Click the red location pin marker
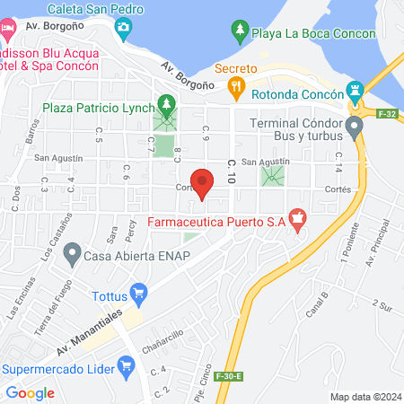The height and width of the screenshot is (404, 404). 203,182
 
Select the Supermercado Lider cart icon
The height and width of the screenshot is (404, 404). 126,364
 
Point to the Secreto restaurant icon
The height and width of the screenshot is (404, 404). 237,86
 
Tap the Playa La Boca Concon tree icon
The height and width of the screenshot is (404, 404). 239,32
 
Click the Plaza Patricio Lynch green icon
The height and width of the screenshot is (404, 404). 164,104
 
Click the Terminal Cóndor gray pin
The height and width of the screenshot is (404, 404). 356,127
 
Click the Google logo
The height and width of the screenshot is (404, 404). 30,392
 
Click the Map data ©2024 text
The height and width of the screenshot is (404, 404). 364,396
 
